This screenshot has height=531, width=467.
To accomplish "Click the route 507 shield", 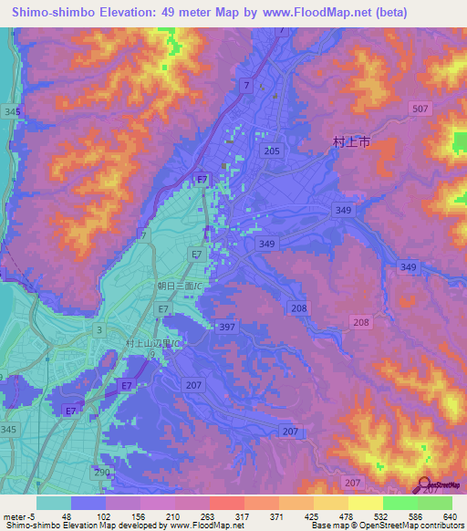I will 420,109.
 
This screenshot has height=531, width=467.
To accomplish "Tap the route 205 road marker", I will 271,151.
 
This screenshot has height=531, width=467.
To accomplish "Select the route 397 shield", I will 228,327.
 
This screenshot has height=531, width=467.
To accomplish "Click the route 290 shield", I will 99,471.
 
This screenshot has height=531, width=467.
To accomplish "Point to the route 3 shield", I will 99,328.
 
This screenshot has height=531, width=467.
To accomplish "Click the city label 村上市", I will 351,141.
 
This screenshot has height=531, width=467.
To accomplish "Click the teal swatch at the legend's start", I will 53,503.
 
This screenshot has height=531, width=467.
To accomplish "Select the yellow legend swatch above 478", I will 331,503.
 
